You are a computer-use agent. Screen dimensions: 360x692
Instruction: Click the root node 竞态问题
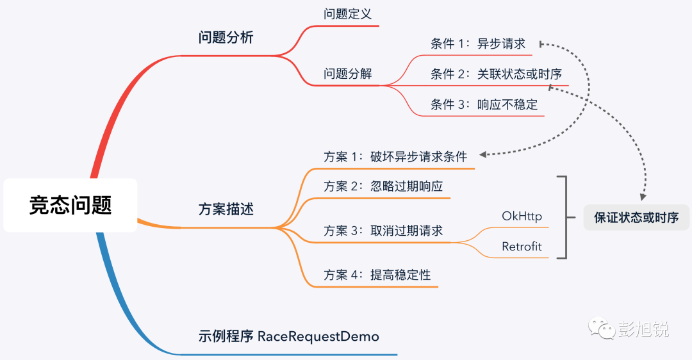70,206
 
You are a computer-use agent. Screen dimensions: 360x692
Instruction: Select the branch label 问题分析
226,37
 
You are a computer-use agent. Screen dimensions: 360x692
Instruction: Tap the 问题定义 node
347,14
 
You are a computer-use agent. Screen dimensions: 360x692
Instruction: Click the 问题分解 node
347,74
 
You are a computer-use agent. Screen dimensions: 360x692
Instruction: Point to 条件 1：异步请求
478,44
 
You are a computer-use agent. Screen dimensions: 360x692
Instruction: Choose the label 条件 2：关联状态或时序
496,74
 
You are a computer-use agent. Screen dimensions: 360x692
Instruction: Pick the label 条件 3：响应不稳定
484,104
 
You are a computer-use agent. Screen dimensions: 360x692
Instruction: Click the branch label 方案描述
226,209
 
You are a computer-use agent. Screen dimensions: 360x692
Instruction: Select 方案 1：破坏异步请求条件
395,156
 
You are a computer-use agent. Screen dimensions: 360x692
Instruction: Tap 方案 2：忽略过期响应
383,186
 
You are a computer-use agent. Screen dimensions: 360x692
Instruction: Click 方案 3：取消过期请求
383,231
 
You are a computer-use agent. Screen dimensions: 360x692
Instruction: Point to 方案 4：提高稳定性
377,275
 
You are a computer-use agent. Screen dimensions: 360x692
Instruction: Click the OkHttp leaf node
522,216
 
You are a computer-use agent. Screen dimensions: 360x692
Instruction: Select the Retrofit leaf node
522,247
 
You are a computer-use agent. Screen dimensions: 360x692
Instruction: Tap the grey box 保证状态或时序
636,217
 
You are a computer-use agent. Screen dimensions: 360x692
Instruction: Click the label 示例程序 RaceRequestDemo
288,336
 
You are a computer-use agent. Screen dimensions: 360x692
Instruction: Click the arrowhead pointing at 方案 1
484,154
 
